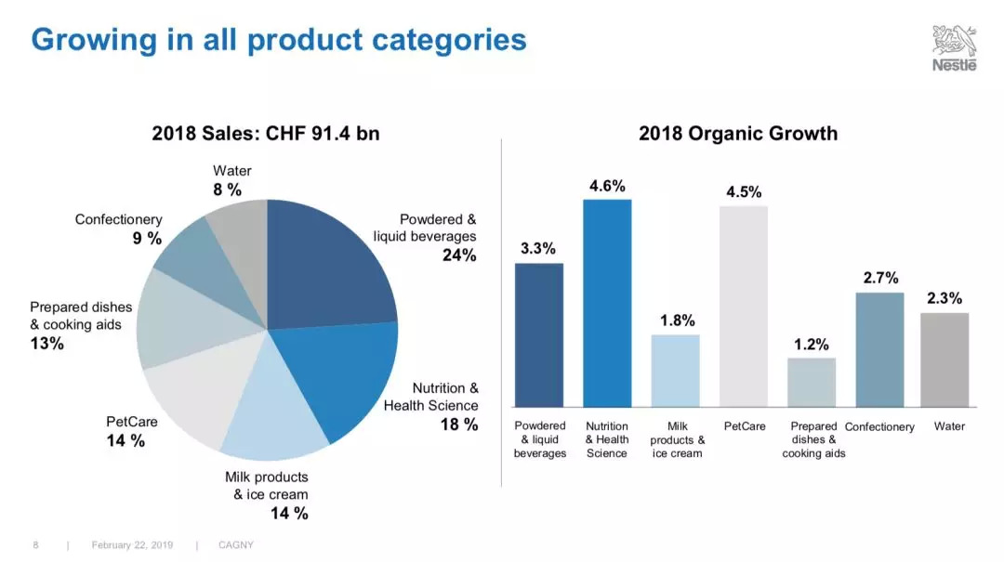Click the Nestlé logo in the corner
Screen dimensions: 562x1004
(x=955, y=48)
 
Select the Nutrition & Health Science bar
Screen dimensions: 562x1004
(x=607, y=303)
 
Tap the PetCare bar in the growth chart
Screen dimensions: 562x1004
(x=744, y=306)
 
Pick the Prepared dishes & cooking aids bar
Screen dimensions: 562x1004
(x=812, y=382)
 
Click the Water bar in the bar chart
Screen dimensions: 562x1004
(x=945, y=359)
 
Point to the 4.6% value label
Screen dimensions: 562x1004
(x=607, y=186)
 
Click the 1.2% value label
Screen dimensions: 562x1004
(x=812, y=345)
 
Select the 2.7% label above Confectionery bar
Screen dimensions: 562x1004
(x=880, y=278)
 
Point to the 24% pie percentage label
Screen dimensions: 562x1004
(x=459, y=255)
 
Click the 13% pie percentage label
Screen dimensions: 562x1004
(x=46, y=344)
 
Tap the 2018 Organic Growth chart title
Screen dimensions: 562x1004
(x=738, y=134)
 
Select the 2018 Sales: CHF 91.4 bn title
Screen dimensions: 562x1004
(x=266, y=134)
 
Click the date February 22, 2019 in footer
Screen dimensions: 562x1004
(x=132, y=545)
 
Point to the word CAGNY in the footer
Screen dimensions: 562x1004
(x=235, y=545)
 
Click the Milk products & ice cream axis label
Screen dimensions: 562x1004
(x=677, y=439)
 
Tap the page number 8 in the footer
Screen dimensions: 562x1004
(x=35, y=545)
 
